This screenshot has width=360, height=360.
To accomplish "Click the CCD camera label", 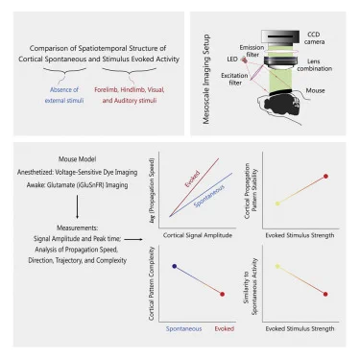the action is [x=314, y=38].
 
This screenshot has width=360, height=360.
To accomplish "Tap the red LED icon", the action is [x=245, y=60].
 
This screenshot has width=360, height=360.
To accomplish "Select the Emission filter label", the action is [x=252, y=51].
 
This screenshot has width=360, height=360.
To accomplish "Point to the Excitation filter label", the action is [x=234, y=79].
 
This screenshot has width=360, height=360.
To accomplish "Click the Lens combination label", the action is [x=315, y=64].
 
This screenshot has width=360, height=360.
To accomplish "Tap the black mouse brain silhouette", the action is [x=281, y=105].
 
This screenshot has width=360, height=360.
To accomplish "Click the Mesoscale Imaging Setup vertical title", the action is [x=205, y=79].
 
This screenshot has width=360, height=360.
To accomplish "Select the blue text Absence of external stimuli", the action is [x=64, y=95].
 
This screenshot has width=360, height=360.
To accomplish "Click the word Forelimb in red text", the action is [x=106, y=90].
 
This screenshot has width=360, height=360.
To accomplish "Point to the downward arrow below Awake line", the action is [x=77, y=206].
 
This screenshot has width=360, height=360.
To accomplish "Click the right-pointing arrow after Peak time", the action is [x=133, y=239].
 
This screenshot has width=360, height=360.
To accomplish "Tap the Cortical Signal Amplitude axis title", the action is [x=198, y=235].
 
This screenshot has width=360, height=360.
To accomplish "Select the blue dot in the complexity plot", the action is [x=175, y=266].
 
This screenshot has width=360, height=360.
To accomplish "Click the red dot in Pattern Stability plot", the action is [x=325, y=176].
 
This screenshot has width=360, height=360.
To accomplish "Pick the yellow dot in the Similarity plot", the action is [x=277, y=266].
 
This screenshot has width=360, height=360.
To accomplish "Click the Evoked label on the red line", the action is [x=192, y=179].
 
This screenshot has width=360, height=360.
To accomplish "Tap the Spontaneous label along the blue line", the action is [x=209, y=196].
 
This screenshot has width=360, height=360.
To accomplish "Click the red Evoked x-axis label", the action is [x=225, y=328].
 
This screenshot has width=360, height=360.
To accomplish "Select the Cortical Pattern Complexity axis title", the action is [x=152, y=283].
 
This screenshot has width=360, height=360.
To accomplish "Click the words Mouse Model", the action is [x=77, y=159].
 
